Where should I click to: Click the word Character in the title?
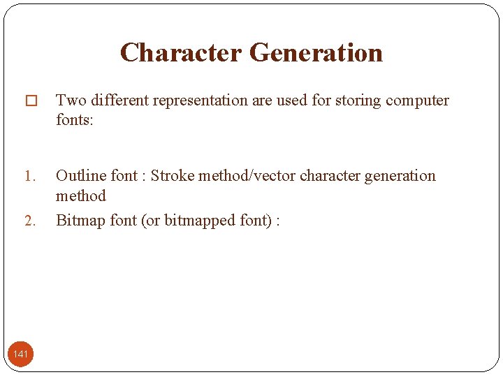[x=180, y=53]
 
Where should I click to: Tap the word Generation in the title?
[x=316, y=53]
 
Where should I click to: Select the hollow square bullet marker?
[x=30, y=101]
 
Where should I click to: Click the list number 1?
[x=29, y=176]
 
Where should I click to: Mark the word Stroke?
[x=172, y=176]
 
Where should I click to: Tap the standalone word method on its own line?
[x=80, y=195]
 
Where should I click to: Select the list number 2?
[x=29, y=221]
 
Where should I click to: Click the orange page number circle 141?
[x=21, y=354]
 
